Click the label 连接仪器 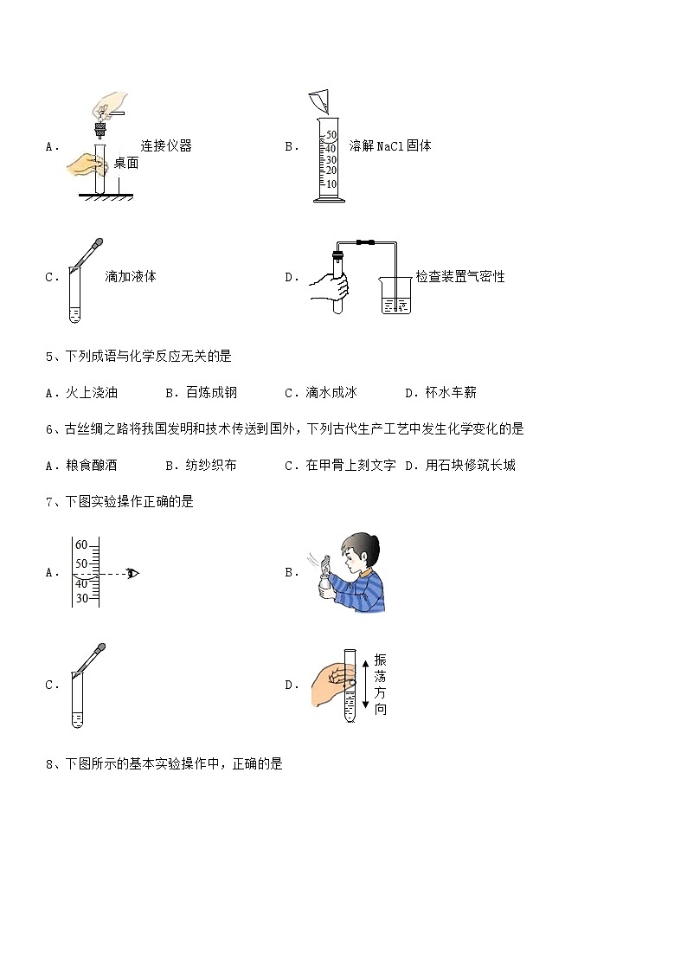point(166,146)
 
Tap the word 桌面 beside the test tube point(125,163)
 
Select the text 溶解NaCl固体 point(390,146)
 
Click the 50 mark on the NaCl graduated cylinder point(330,135)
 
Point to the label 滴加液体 point(130,277)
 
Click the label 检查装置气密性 point(459,277)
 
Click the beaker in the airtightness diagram point(397,295)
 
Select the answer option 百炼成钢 point(211,392)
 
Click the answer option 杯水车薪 point(451,392)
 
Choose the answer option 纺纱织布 point(211,465)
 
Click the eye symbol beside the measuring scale point(132,573)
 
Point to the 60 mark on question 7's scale point(81,545)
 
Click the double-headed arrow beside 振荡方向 point(367,683)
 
